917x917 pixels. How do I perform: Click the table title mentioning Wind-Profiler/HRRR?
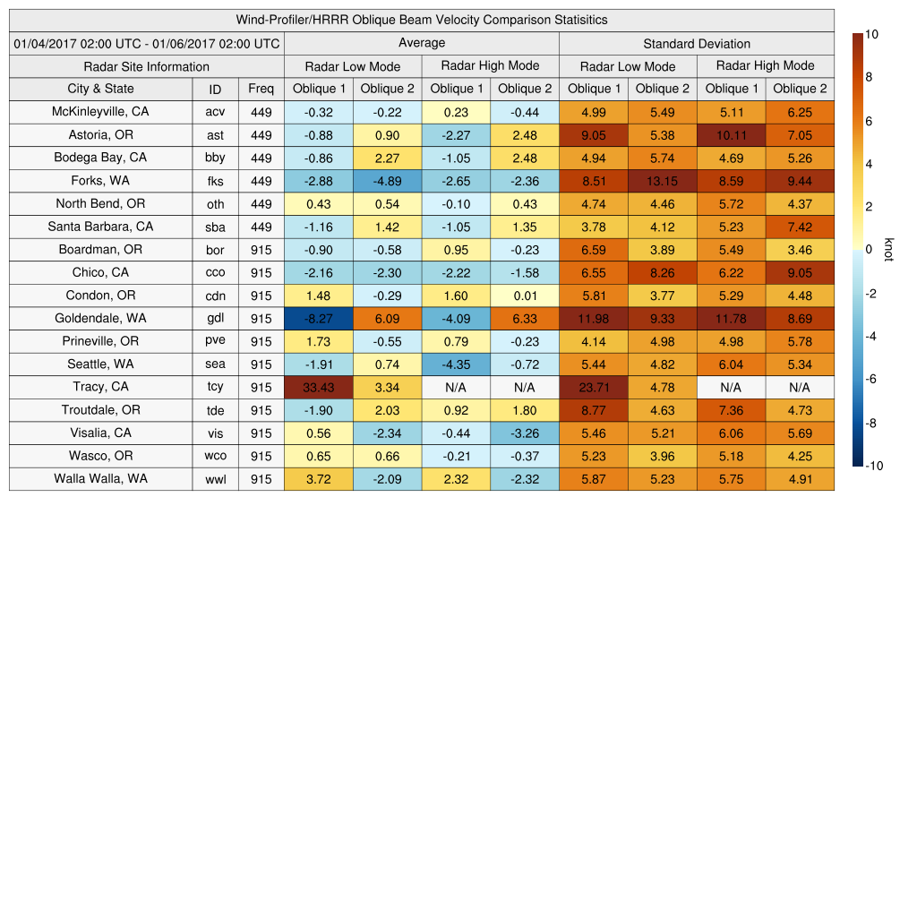[x=422, y=20]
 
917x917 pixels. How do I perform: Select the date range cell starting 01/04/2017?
[x=147, y=43]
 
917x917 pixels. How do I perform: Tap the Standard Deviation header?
[x=697, y=43]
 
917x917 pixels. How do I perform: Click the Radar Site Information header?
[x=147, y=66]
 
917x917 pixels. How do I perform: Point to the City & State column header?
[x=100, y=89]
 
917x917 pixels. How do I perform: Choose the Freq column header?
[x=261, y=89]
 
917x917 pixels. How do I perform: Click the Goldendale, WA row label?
[x=100, y=318]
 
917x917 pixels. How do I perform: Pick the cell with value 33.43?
[x=319, y=387]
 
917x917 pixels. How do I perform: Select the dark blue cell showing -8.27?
[x=319, y=318]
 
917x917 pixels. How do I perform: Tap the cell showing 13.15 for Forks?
[x=663, y=181]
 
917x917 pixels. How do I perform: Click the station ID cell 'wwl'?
[x=215, y=479]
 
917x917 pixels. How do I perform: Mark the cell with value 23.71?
[x=594, y=387]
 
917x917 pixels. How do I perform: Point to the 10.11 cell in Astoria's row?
[x=731, y=135]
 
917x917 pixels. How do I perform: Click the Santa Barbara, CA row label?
[x=100, y=227]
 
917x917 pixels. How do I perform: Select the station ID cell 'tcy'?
[x=215, y=387]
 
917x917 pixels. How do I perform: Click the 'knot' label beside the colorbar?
[x=888, y=250]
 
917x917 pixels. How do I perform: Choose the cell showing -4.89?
[x=387, y=181]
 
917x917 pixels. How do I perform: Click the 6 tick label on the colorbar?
[x=870, y=121]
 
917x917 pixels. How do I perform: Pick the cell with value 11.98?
[x=594, y=318]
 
